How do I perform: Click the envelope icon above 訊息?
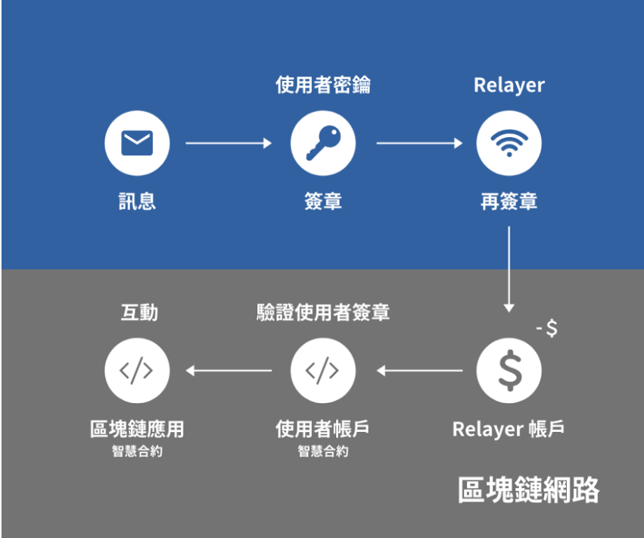pyautogui.click(x=137, y=143)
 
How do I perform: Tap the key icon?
pyautogui.click(x=323, y=142)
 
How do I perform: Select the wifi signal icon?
pyautogui.click(x=509, y=142)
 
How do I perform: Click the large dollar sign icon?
pyautogui.click(x=509, y=371)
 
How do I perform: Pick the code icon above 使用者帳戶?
pyautogui.click(x=322, y=371)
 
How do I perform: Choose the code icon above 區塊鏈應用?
pyautogui.click(x=136, y=371)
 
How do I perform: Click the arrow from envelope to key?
pyautogui.click(x=229, y=143)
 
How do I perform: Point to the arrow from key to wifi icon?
pyautogui.click(x=419, y=143)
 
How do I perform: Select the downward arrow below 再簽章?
pyautogui.click(x=509, y=269)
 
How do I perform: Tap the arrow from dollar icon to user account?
pyautogui.click(x=419, y=371)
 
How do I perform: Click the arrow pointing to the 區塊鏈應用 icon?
pyautogui.click(x=229, y=371)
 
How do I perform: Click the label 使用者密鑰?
pyautogui.click(x=323, y=85)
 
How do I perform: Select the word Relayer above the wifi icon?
pyautogui.click(x=509, y=86)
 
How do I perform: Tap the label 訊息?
pyautogui.click(x=137, y=202)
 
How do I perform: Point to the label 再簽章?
pyautogui.click(x=509, y=202)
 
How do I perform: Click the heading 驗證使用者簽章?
pyautogui.click(x=323, y=313)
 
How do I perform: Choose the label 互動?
pyautogui.click(x=139, y=313)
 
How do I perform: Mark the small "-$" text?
pyautogui.click(x=547, y=328)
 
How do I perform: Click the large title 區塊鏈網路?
pyautogui.click(x=528, y=490)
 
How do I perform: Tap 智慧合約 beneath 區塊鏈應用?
pyautogui.click(x=137, y=451)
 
